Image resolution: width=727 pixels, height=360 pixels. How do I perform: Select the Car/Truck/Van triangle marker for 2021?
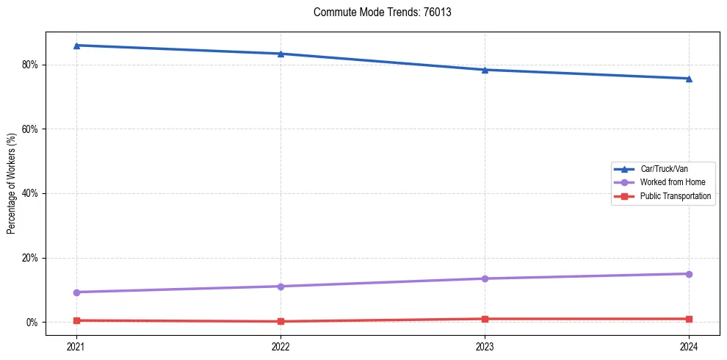click(76, 46)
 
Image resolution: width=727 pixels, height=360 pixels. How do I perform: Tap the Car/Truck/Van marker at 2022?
click(281, 54)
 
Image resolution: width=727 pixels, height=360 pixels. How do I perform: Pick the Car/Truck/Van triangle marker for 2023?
click(485, 70)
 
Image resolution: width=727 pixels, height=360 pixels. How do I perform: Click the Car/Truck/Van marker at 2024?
click(689, 79)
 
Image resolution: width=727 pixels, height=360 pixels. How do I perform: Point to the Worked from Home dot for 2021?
click(76, 292)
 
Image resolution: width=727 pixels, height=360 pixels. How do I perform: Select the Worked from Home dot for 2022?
click(281, 287)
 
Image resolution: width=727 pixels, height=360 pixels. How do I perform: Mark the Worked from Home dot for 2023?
click(485, 278)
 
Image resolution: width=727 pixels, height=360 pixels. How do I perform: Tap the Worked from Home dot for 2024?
click(689, 274)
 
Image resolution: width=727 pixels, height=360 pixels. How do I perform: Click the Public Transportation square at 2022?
click(281, 321)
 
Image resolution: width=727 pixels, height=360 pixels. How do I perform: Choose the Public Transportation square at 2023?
click(485, 319)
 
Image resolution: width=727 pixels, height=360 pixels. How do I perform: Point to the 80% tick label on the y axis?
click(31, 65)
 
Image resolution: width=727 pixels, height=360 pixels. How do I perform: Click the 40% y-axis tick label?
click(31, 193)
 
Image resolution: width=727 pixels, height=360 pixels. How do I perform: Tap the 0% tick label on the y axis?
click(33, 323)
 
